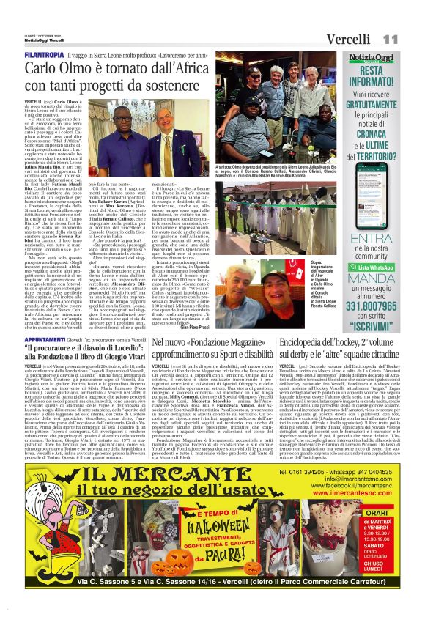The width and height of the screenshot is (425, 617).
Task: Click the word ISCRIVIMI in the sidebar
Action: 381,302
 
